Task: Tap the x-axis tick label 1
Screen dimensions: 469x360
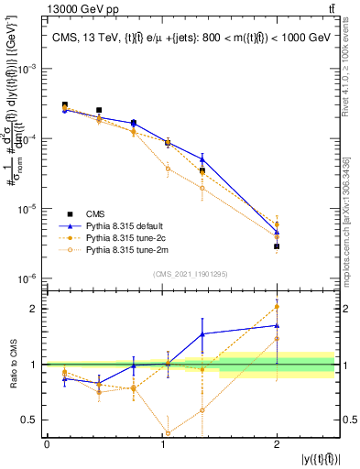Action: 161,444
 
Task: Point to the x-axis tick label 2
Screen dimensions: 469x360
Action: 277,444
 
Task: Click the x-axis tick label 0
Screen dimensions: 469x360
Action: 47,444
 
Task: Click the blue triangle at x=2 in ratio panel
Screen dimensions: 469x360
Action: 277,325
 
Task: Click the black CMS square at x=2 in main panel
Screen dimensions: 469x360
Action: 277,246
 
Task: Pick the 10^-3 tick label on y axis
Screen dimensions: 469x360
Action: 30,69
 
